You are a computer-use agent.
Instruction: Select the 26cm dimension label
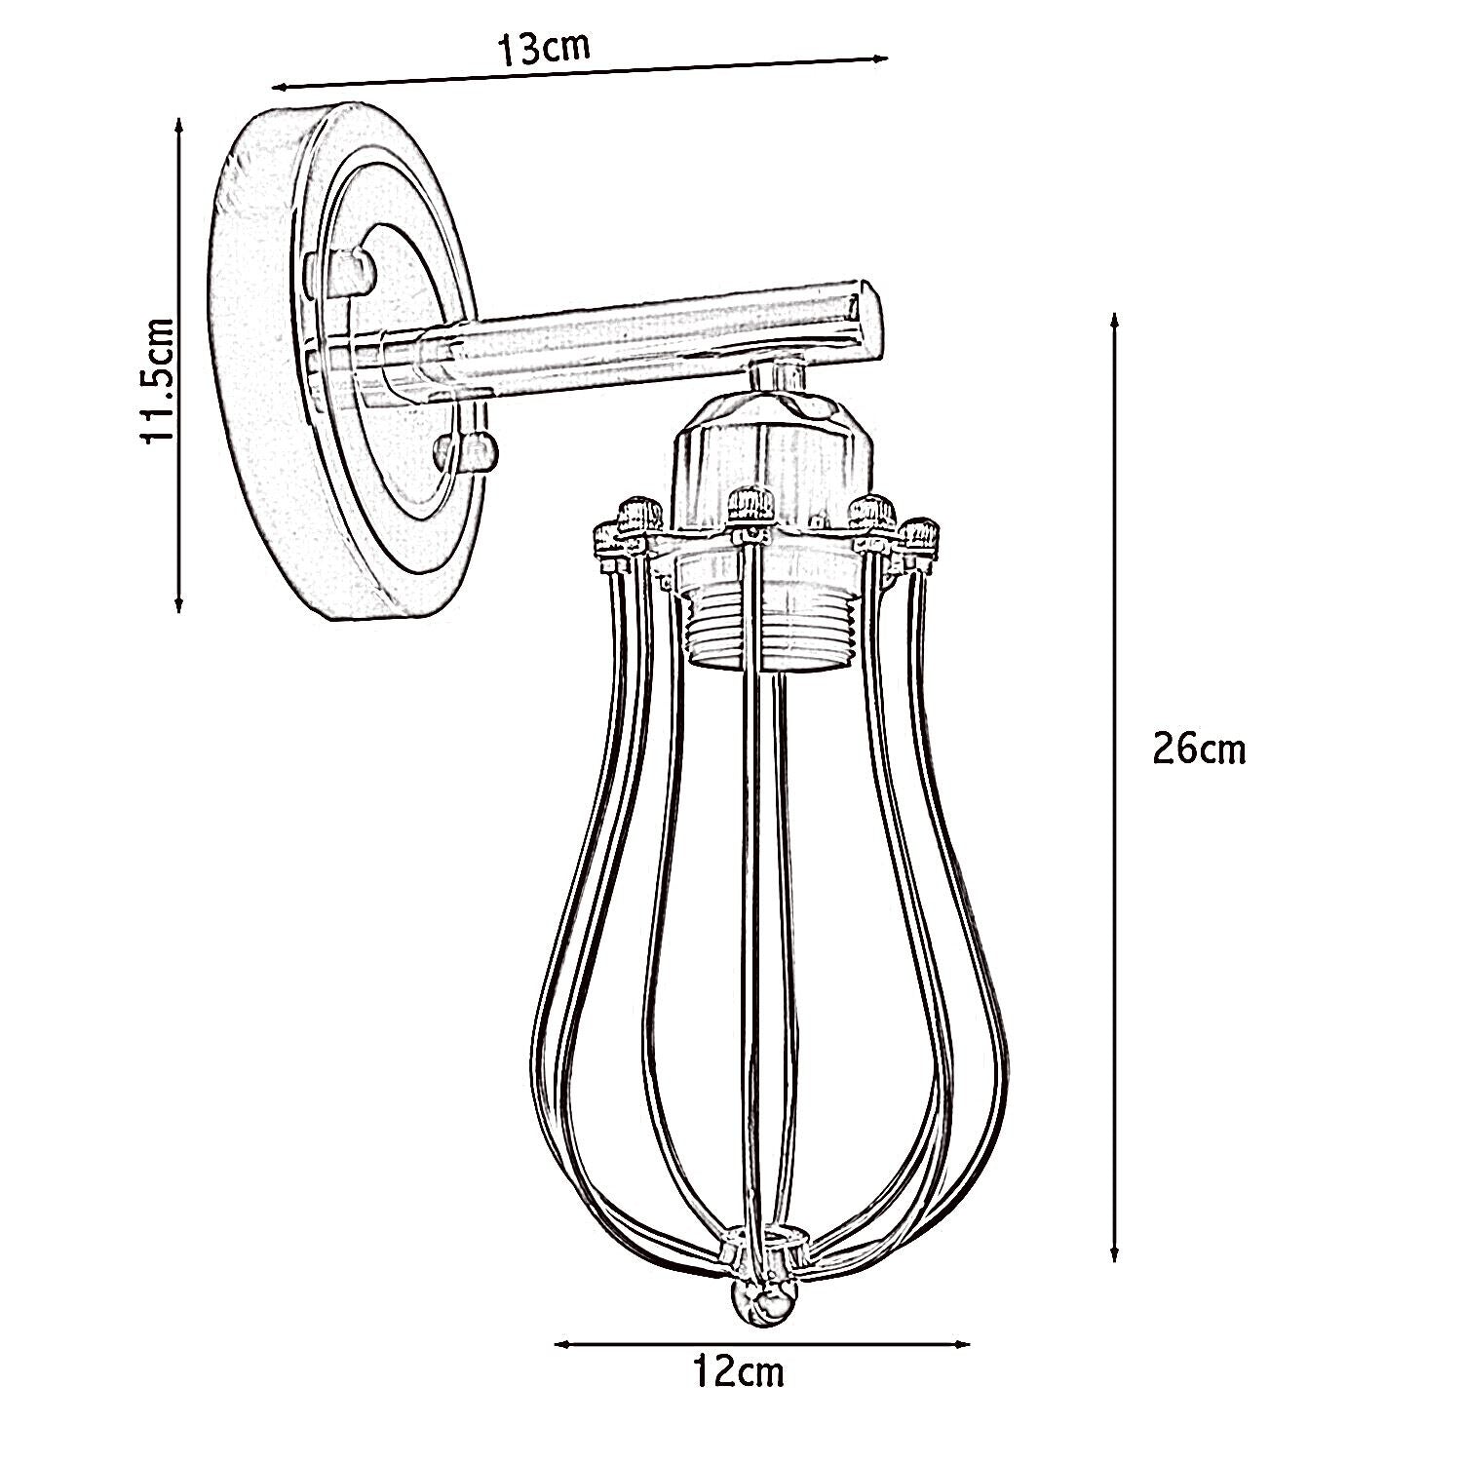pos(1198,750)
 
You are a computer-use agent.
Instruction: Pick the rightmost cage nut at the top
pos(918,534)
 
